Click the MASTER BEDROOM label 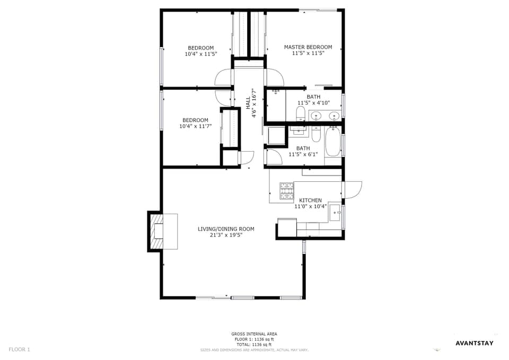[x=308, y=47]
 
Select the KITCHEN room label [x=310, y=200]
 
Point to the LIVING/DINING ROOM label [x=226, y=229]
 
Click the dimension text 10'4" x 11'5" [x=201, y=54]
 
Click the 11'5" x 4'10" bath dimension [x=313, y=103]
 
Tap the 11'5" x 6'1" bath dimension [x=303, y=154]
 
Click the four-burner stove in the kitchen [x=286, y=191]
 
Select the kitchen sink [x=335, y=213]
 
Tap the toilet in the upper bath [x=300, y=113]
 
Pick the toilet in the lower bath [x=316, y=134]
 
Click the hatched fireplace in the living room [x=156, y=231]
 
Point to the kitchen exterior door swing [x=352, y=189]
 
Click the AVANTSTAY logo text [x=475, y=343]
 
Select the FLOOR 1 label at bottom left [x=20, y=349]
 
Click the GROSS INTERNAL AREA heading [x=254, y=334]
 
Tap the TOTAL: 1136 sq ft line [x=254, y=344]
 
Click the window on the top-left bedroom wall [x=161, y=66]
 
